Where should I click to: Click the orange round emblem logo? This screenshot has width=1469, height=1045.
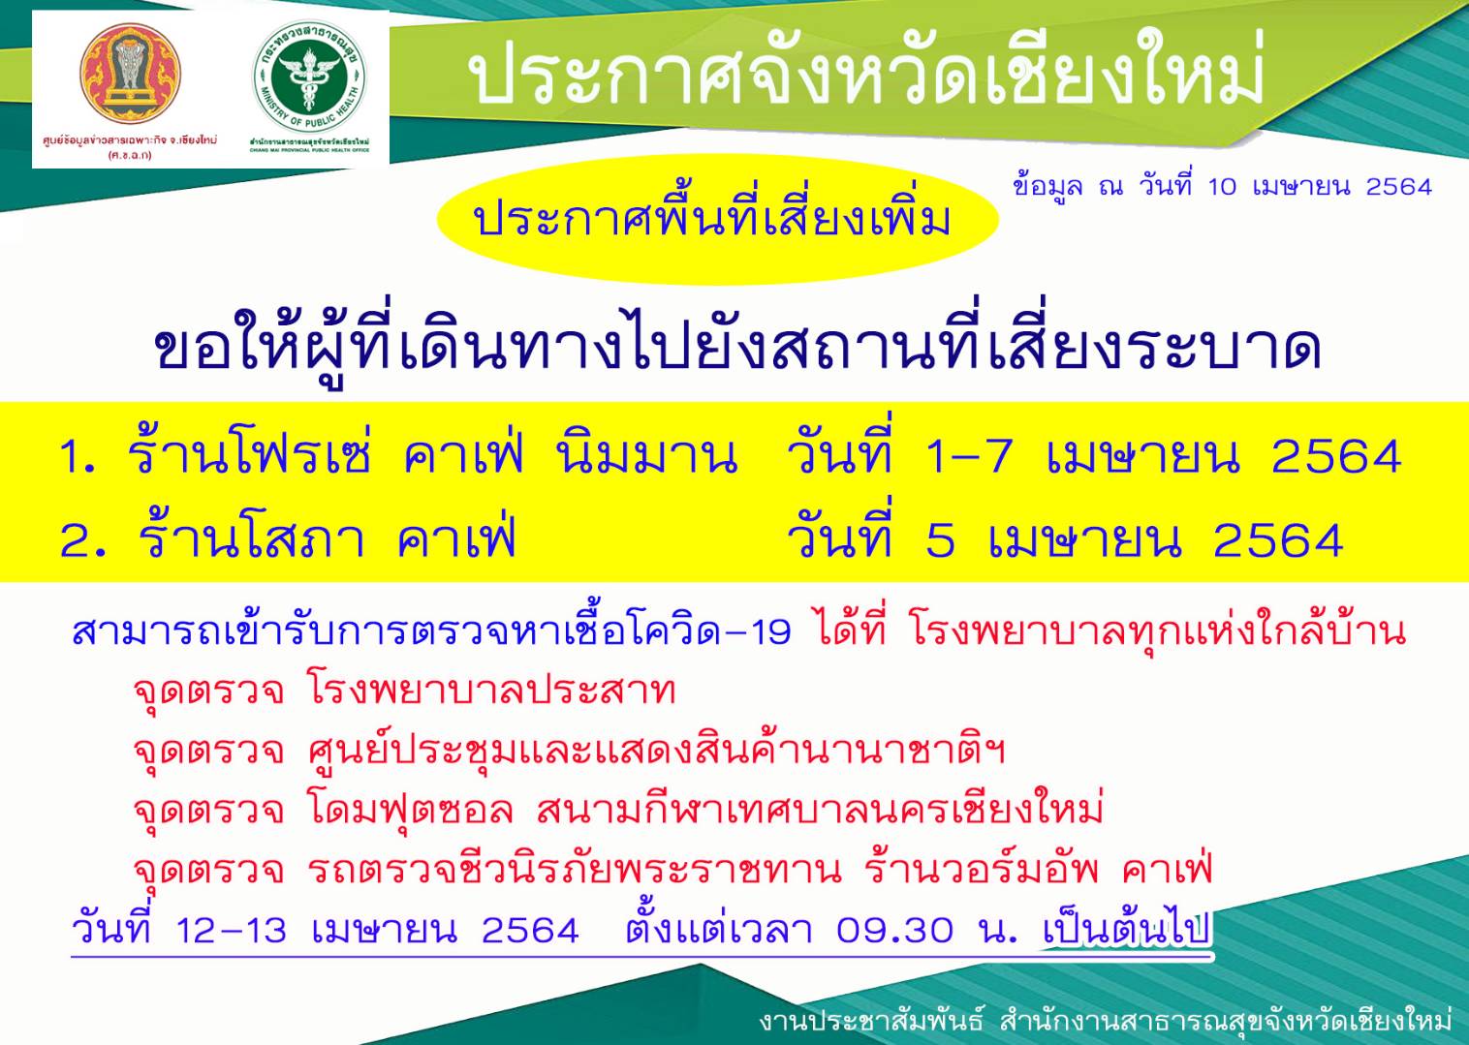tap(130, 75)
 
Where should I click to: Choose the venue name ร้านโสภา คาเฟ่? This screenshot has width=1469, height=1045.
tap(328, 539)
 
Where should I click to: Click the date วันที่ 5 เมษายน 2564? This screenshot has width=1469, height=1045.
tap(1065, 539)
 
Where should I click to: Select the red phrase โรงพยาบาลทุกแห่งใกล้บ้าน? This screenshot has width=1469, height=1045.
tap(1158, 630)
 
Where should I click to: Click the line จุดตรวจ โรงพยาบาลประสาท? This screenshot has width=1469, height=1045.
tap(404, 691)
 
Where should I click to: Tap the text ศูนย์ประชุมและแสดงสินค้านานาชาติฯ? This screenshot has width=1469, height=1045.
tap(656, 750)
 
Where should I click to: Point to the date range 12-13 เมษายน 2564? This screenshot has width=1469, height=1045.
tap(378, 930)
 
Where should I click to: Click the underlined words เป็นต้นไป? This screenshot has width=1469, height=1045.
tap(1127, 929)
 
